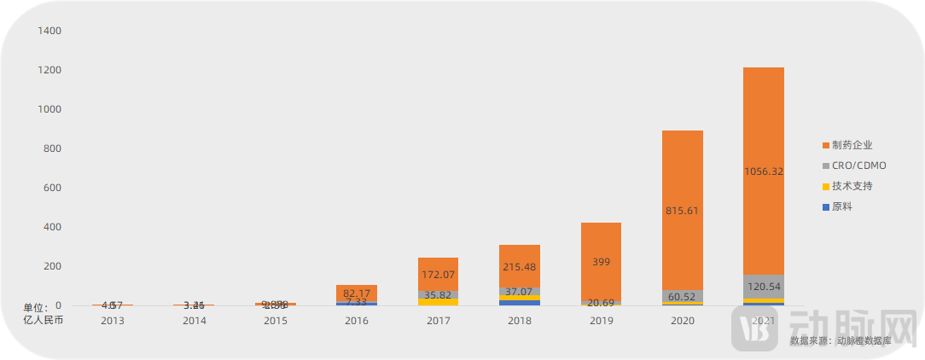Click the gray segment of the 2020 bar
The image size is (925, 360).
coord(682,295)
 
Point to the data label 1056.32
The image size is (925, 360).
coord(763,171)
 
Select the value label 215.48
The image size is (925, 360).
coord(520,267)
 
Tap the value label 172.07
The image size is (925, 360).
coord(439,275)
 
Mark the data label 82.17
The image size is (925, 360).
coord(358,293)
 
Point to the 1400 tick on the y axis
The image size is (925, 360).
coord(50,31)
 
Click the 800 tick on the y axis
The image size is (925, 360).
coord(53,148)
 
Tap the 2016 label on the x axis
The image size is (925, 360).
coord(357,321)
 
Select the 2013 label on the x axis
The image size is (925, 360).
coord(113,321)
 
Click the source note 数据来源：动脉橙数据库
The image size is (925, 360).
coord(841,340)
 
